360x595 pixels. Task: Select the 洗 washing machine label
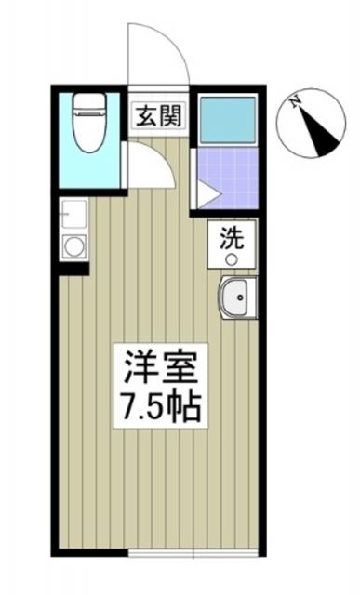click(232, 237)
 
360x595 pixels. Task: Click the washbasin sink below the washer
click(237, 299)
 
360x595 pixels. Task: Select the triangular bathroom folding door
click(205, 193)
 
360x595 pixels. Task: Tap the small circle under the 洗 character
click(232, 258)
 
